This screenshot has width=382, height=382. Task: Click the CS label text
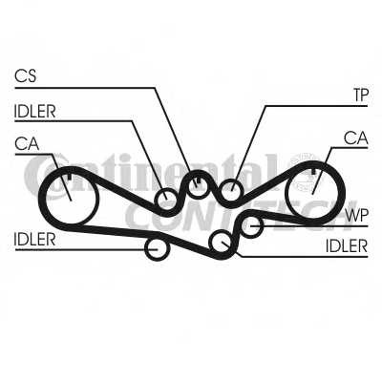(x=26, y=76)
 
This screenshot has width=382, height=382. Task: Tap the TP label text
(x=361, y=95)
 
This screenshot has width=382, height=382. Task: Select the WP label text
(x=357, y=216)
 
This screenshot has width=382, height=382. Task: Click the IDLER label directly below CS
(x=34, y=112)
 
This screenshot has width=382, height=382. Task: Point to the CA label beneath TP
(x=356, y=138)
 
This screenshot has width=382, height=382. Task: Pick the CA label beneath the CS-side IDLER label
(x=27, y=143)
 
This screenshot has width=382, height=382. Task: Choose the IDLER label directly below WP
(x=347, y=246)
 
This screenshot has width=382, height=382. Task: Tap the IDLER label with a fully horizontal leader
(x=34, y=240)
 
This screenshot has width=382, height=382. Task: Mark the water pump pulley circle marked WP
(x=252, y=225)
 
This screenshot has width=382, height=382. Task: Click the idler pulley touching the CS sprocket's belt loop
(x=166, y=200)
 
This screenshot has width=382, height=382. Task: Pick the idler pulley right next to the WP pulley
(x=221, y=243)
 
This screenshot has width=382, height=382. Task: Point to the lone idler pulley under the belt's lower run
(x=157, y=248)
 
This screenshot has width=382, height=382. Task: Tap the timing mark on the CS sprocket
(x=198, y=180)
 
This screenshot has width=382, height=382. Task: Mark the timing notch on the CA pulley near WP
(x=314, y=171)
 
